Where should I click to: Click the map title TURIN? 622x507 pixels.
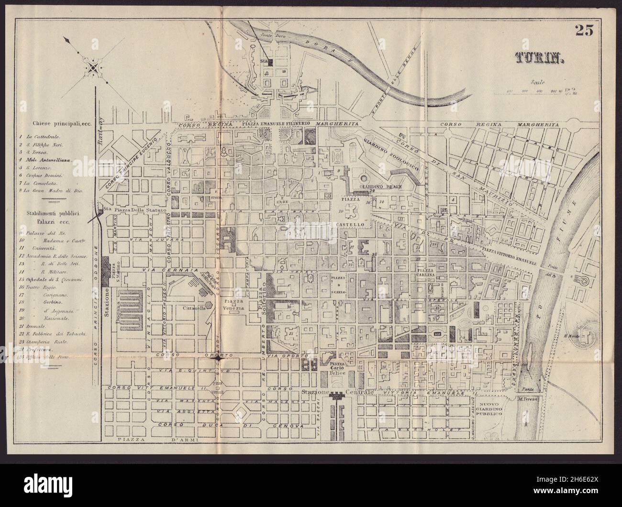[x=540, y=58]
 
